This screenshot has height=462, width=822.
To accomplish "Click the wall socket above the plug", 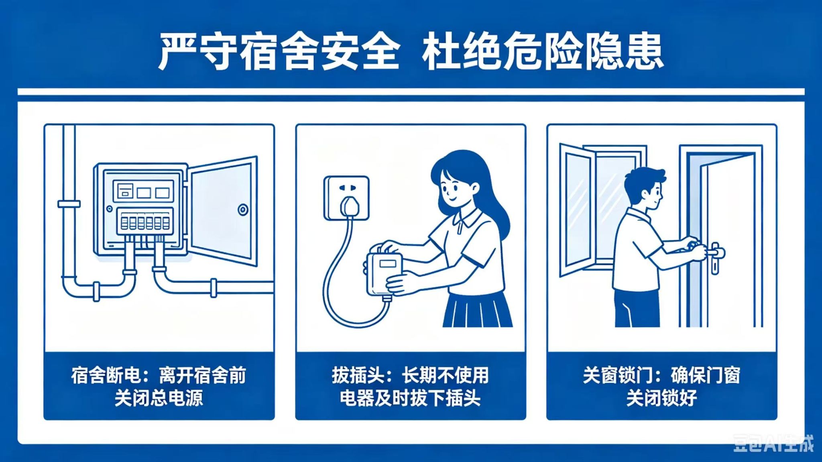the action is pos(346,198).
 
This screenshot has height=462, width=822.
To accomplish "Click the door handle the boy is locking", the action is pos(715,257).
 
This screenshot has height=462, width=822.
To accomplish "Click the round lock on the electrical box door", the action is pos(243,210).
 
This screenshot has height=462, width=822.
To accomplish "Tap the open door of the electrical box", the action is pos(223,210).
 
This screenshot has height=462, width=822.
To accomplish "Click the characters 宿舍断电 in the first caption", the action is pos(106,376).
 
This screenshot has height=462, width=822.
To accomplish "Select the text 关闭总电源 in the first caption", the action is pos(159,398).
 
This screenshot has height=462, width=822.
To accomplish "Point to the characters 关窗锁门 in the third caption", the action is pos(617,376).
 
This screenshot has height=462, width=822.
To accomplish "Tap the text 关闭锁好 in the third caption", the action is pos(661,398).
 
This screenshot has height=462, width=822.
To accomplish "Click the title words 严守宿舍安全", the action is pos(279,52).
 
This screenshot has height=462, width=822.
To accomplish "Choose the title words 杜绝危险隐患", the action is pos(542,52).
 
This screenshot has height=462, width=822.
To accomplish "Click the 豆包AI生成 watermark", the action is pos(773,443).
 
